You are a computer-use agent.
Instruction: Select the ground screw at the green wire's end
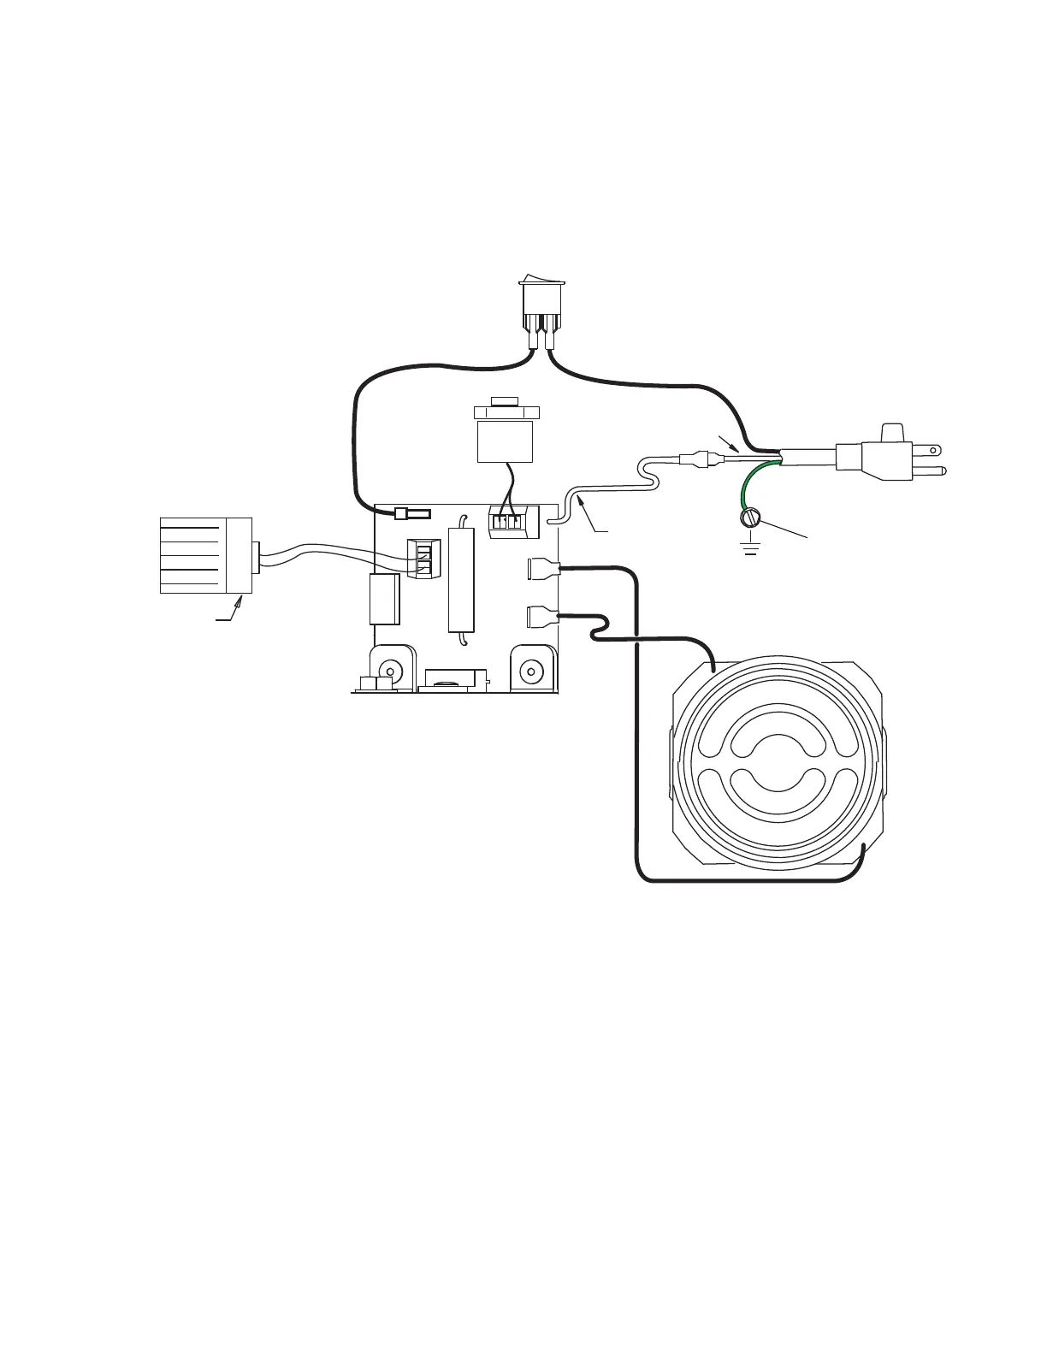(x=751, y=519)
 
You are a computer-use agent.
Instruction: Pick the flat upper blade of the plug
(x=927, y=448)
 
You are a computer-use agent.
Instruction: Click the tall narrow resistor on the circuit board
(x=461, y=578)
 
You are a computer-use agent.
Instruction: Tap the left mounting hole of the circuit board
(x=392, y=671)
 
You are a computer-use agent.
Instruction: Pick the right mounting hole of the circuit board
(x=532, y=672)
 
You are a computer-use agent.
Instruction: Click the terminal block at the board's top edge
(x=507, y=521)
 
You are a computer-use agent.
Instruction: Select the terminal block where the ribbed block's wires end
(x=423, y=558)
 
